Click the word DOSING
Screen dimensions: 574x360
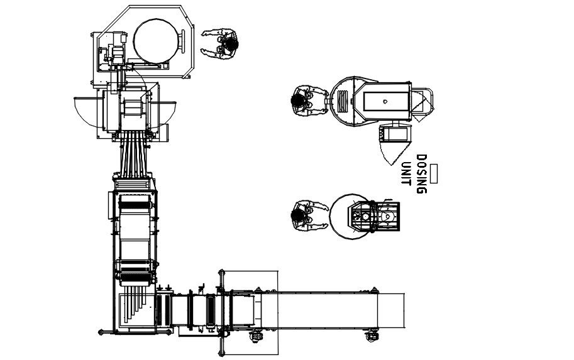click(422, 174)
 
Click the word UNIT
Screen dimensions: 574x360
click(406, 174)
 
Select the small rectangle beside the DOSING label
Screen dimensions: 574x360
click(433, 174)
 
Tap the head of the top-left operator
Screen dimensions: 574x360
click(231, 44)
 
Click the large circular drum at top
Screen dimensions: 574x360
click(157, 41)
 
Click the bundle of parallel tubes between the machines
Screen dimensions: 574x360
click(134, 155)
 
